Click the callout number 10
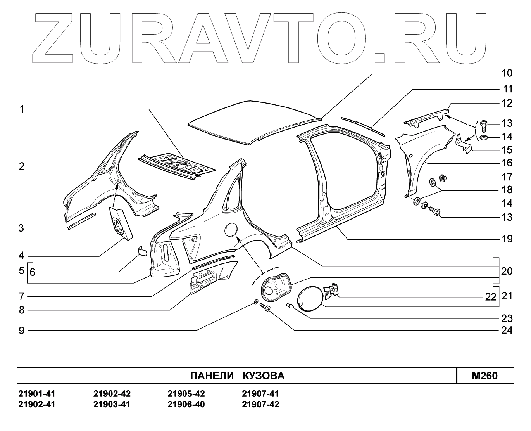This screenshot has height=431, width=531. click(507, 73)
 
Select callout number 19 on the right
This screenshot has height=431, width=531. click(507, 239)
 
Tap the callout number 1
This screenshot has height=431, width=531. click(22, 109)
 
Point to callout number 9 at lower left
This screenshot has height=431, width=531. click(22, 331)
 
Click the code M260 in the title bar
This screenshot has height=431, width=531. click(484, 376)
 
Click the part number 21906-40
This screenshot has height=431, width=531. click(186, 405)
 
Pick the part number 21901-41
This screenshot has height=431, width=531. click(37, 394)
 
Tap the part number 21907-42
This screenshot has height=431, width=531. click(260, 405)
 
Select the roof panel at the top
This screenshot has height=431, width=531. click(252, 120)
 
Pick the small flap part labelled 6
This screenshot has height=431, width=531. click(142, 251)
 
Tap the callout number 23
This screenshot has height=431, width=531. click(507, 319)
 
